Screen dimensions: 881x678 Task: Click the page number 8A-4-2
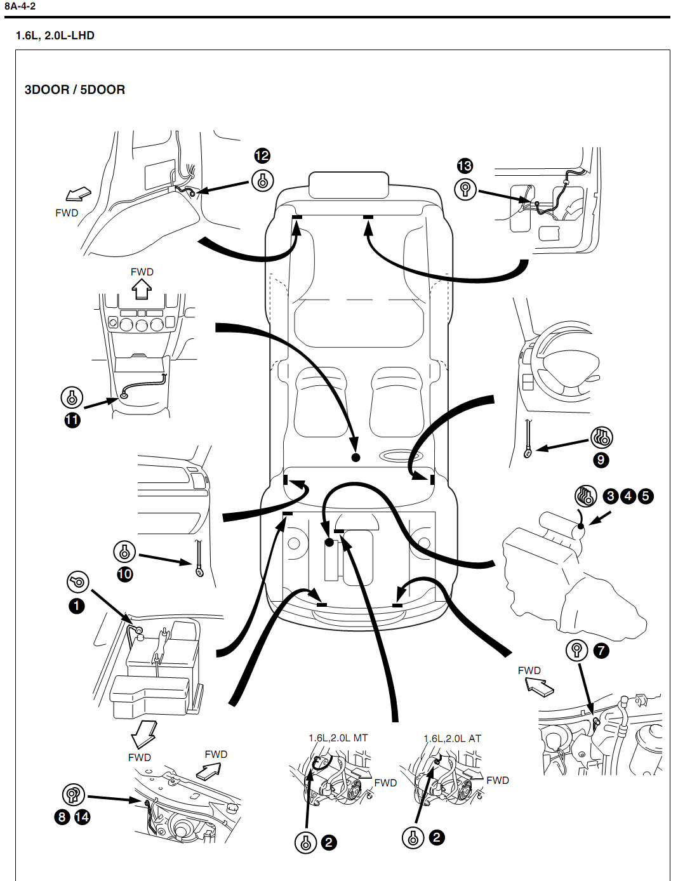coord(20,6)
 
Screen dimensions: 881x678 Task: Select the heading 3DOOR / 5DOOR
coord(74,89)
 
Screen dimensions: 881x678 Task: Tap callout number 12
coord(262,156)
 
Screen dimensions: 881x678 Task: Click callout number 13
coord(465,166)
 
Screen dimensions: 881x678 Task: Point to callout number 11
coord(72,420)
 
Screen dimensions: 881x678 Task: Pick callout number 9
coord(601,460)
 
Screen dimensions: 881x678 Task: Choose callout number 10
coord(124,574)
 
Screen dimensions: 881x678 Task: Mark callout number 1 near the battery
coord(76,606)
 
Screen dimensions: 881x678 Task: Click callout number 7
coord(600,650)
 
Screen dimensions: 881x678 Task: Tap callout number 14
coord(82,817)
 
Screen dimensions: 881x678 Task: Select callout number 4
coord(628,496)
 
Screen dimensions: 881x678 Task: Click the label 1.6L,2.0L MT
coord(338,738)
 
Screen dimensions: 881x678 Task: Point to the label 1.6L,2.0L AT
coord(452,738)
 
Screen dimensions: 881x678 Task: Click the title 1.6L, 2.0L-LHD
coord(55,36)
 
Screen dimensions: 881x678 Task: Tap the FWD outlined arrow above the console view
coord(142,289)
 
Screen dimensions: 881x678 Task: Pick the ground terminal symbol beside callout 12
coord(262,181)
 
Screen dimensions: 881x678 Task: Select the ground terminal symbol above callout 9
coord(601,437)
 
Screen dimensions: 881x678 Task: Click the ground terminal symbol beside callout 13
coord(465,189)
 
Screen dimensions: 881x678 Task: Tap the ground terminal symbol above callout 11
coord(72,397)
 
